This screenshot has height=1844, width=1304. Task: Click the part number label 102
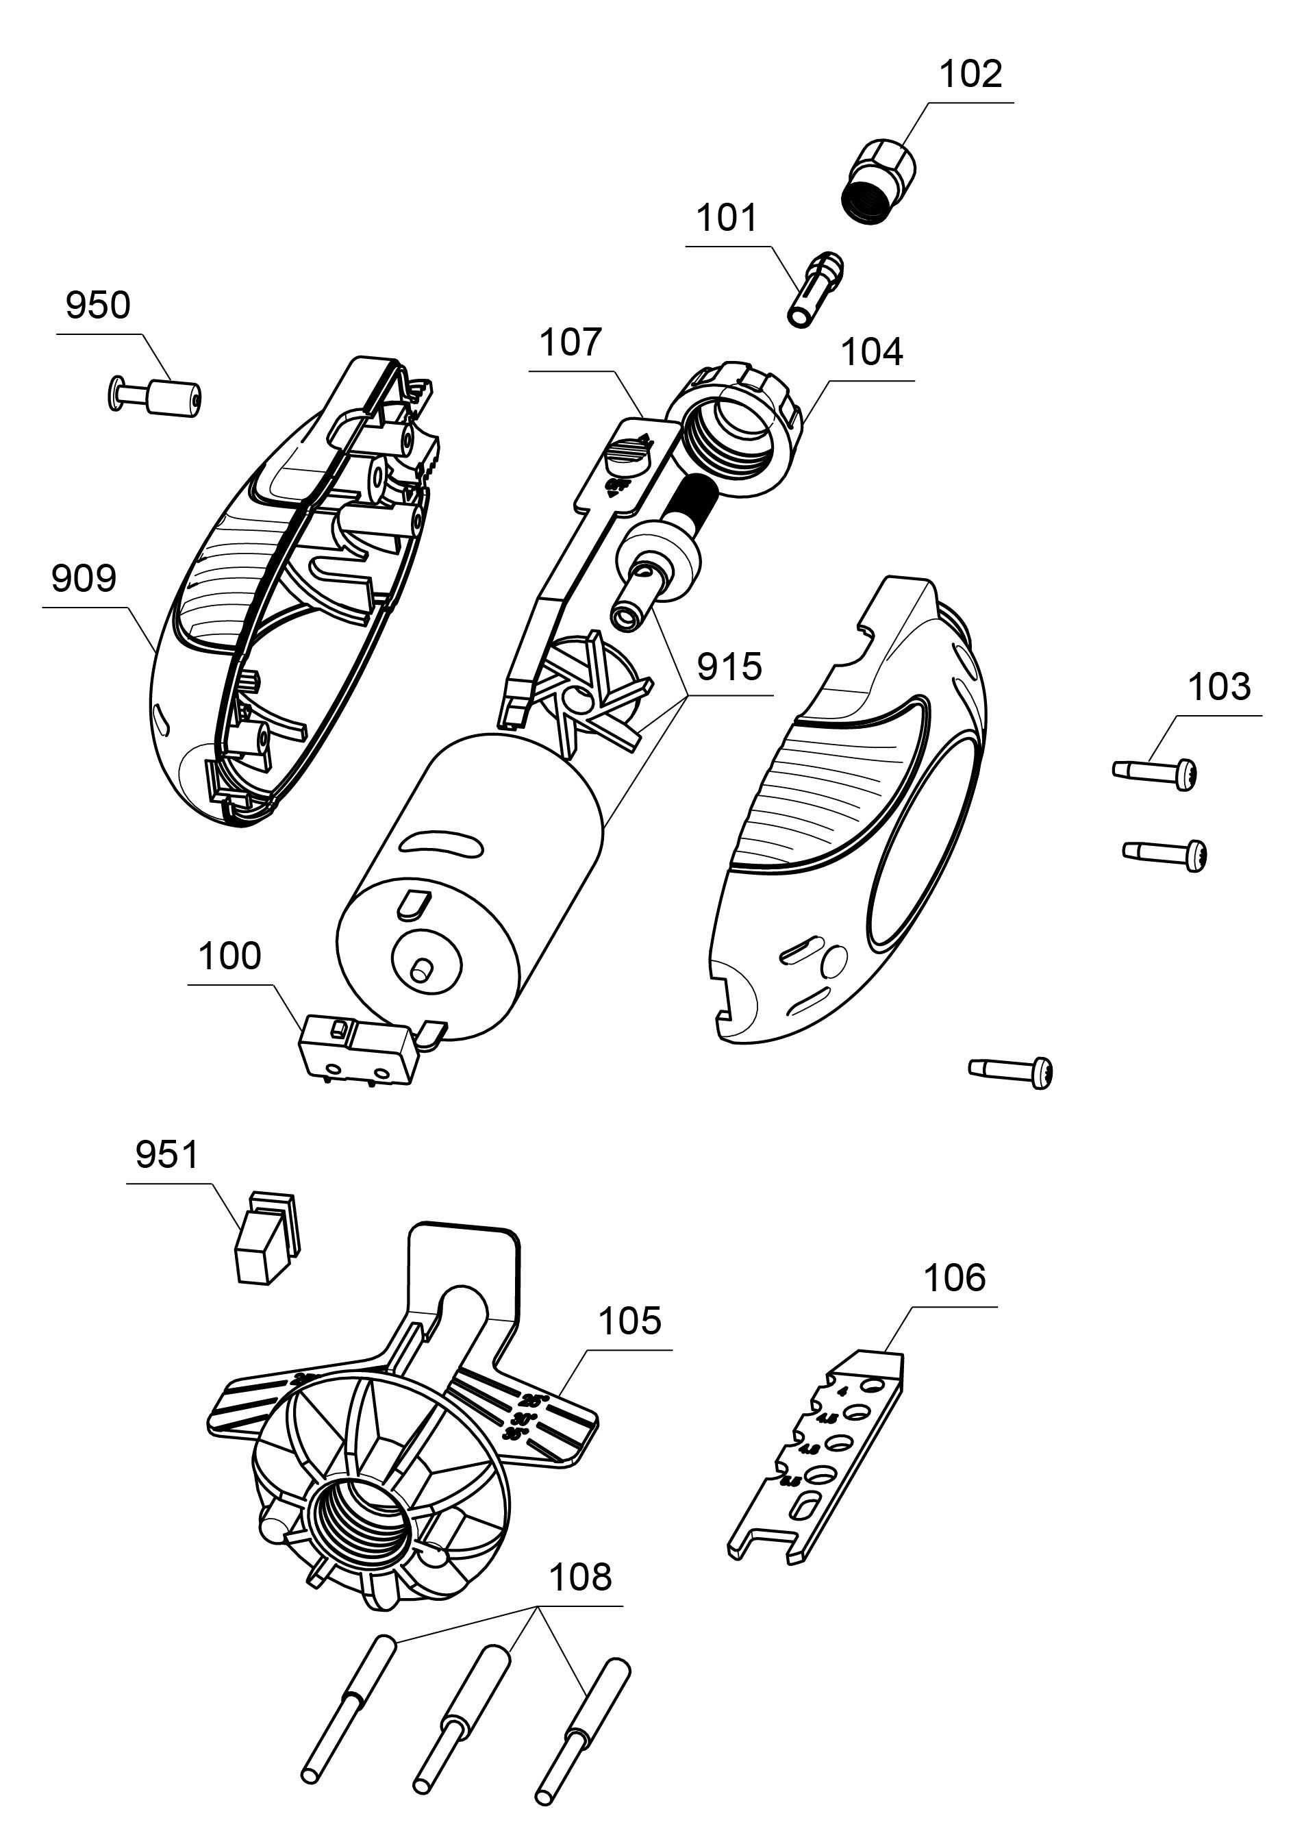(x=970, y=75)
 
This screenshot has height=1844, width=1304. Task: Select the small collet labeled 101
(x=814, y=288)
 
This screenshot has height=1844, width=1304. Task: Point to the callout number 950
(x=98, y=306)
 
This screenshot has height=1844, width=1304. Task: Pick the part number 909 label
(x=84, y=579)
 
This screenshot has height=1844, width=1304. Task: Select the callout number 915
(x=729, y=667)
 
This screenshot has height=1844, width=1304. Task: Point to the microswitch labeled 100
(x=357, y=1052)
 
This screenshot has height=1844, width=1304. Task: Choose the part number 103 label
(x=1219, y=688)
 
